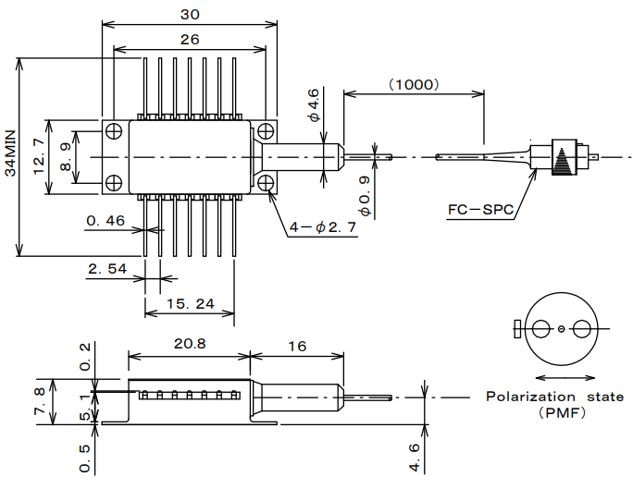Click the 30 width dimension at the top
click(190, 14)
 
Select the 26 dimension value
click(189, 39)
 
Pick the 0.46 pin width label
click(105, 221)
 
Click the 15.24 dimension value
click(191, 303)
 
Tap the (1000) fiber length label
click(413, 83)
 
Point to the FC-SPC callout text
click(478, 210)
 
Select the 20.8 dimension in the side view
click(189, 344)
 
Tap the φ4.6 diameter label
click(315, 105)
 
